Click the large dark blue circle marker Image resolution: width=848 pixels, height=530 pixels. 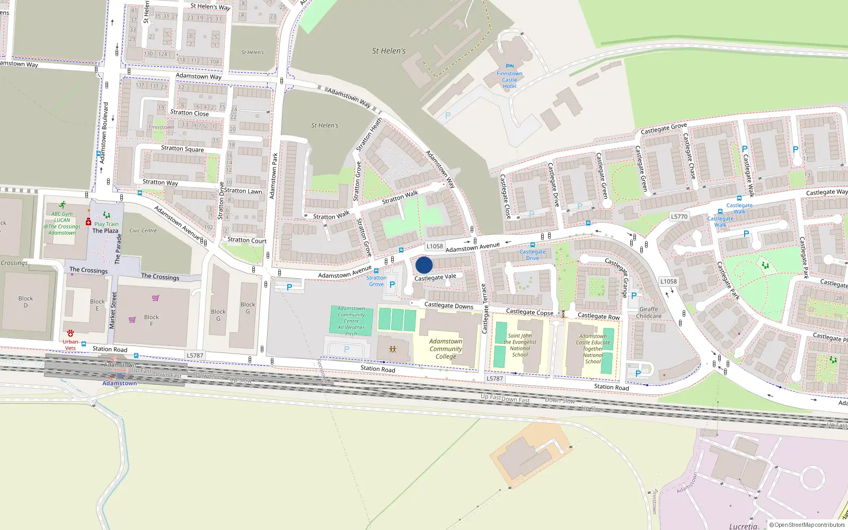[424, 265]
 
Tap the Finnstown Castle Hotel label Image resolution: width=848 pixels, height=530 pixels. [509, 80]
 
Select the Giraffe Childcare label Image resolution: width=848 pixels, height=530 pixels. [649, 313]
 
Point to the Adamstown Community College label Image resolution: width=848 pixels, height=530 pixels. [446, 349]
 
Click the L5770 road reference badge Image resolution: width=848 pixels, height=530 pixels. [679, 216]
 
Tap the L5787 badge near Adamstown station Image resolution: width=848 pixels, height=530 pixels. [195, 356]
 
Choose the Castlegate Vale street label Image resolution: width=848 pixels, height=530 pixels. [435, 277]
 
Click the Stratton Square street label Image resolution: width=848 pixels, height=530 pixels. [182, 148]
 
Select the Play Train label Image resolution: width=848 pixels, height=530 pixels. [107, 224]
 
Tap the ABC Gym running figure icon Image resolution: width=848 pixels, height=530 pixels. [63, 205]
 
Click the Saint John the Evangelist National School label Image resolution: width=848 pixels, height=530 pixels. [520, 345]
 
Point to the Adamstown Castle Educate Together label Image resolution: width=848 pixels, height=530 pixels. [593, 349]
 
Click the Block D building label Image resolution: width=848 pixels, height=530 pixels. [25, 302]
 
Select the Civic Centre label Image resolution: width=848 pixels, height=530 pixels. [143, 231]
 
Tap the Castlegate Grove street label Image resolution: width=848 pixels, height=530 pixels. [664, 128]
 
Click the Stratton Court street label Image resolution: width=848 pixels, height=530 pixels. [247, 241]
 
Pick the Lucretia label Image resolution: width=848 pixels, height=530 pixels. [743, 526]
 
